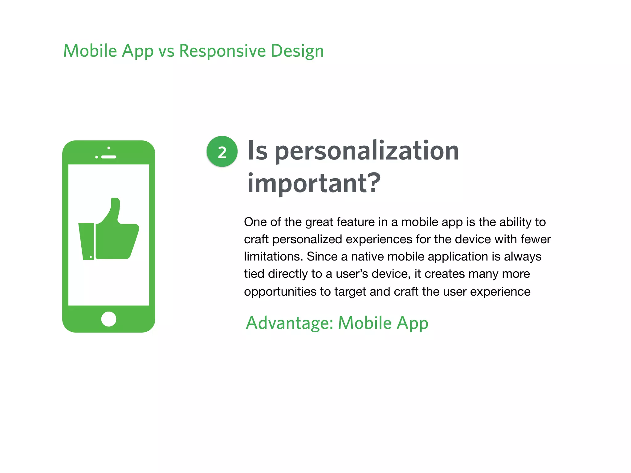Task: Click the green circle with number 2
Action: coord(222,152)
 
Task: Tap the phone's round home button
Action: coord(108,319)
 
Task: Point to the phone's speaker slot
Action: coord(108,157)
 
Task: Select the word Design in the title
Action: coord(297,51)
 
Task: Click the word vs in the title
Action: coord(166,51)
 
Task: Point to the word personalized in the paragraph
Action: coord(307,239)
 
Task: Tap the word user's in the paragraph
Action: coord(352,274)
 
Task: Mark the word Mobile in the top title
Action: coord(90,51)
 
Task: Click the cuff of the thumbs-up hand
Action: coord(87,241)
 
